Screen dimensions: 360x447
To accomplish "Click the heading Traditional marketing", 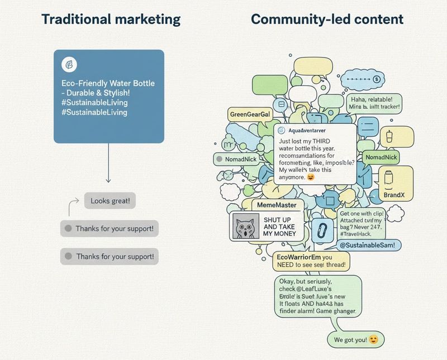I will [111, 19].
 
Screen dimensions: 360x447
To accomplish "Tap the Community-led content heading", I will [327, 19].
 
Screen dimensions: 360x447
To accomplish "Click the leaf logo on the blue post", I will [69, 64].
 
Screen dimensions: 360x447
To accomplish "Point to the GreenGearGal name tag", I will [249, 114].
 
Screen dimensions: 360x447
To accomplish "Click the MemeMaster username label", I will [277, 205].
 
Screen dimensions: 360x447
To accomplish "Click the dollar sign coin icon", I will [376, 80].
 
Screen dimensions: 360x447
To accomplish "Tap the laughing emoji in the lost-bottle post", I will [311, 176].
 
